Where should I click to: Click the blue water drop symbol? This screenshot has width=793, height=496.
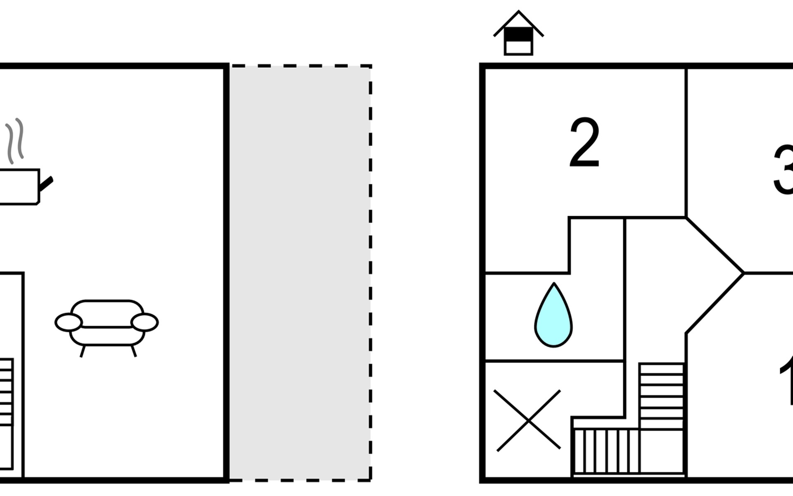click(x=553, y=316)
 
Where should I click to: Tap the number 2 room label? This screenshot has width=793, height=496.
click(x=584, y=143)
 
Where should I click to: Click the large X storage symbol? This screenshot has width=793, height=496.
click(x=528, y=420)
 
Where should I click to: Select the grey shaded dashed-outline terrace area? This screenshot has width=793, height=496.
click(x=300, y=273)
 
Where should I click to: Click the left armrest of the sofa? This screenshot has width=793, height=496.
click(x=69, y=322)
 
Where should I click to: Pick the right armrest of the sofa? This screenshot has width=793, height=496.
click(x=145, y=322)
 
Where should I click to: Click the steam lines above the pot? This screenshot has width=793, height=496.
click(x=15, y=141)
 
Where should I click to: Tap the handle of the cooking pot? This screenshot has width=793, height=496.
click(x=46, y=184)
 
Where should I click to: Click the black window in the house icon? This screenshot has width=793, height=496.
click(x=518, y=35)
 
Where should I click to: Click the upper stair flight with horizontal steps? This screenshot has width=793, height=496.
click(x=661, y=396)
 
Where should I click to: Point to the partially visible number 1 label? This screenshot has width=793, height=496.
click(x=786, y=380)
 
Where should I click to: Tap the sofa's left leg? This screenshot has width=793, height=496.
click(x=83, y=351)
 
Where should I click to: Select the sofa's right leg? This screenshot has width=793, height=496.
click(x=134, y=351)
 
